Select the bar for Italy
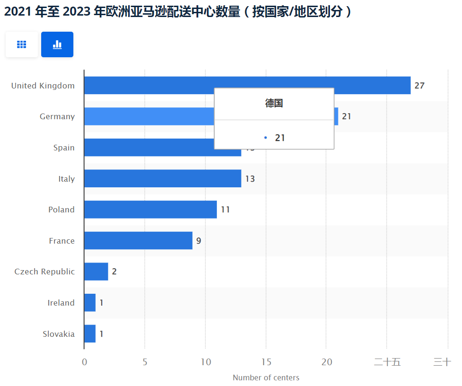click(162, 178)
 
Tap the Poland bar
click(150, 210)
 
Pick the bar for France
click(138, 240)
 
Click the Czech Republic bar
click(96, 272)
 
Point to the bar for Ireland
click(90, 303)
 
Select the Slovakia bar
click(90, 333)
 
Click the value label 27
click(419, 86)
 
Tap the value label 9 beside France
click(199, 241)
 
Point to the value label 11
click(225, 210)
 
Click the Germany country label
click(57, 116)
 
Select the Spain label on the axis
click(64, 148)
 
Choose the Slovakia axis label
click(59, 334)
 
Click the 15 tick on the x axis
click(266, 362)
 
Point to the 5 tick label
click(145, 362)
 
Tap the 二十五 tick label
click(387, 362)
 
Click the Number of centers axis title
click(266, 377)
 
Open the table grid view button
click(22, 44)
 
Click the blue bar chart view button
click(57, 44)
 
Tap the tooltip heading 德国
click(274, 104)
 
